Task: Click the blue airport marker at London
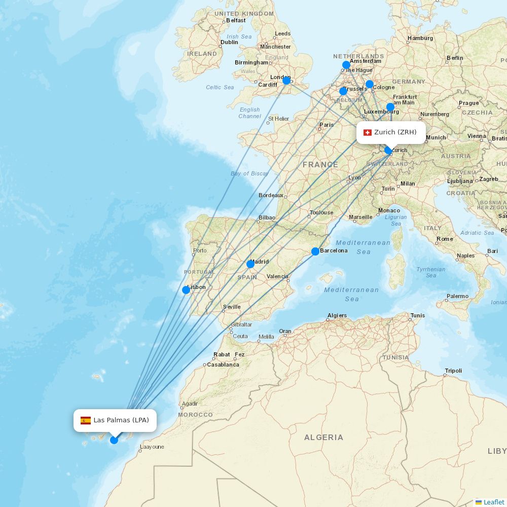click(286, 81)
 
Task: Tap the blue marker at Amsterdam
click(346, 65)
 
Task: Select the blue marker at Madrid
click(250, 264)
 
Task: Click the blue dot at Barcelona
click(315, 251)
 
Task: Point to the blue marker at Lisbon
click(186, 290)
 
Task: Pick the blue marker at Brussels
click(343, 91)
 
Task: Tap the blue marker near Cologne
click(370, 84)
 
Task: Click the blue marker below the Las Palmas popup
click(114, 440)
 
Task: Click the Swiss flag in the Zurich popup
click(368, 132)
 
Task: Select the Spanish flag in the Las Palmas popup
click(86, 420)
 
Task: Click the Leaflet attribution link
click(493, 502)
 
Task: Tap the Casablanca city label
click(223, 365)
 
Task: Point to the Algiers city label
click(337, 315)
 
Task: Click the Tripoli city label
click(453, 371)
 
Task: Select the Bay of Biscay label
click(249, 173)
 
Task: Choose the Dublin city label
click(229, 42)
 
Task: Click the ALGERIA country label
click(323, 437)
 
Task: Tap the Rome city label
click(445, 239)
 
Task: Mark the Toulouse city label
click(322, 212)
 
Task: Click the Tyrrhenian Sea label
click(431, 272)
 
